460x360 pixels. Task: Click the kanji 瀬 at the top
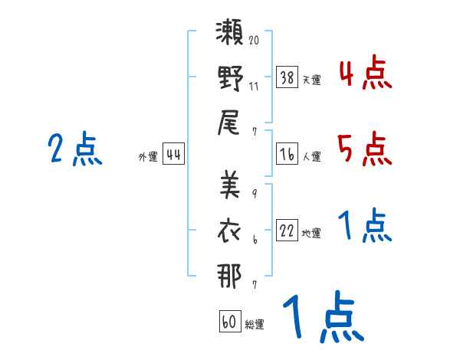(229, 32)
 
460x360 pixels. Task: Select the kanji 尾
(228, 123)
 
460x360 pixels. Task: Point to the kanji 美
(230, 185)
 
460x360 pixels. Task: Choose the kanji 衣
(228, 231)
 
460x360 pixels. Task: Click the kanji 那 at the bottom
(229, 276)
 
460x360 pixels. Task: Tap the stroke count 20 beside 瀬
(254, 40)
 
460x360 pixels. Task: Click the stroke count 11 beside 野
(254, 87)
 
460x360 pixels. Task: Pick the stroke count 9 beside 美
(255, 194)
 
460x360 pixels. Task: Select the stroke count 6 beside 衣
(255, 240)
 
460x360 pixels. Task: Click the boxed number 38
(287, 77)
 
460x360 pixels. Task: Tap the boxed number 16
(287, 154)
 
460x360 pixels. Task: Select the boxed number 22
(287, 231)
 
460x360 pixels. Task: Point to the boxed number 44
(174, 154)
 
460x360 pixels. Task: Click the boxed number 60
(230, 321)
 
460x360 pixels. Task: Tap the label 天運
(312, 80)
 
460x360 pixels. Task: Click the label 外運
(148, 156)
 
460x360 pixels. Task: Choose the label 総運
(255, 324)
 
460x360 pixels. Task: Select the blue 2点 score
(75, 149)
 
